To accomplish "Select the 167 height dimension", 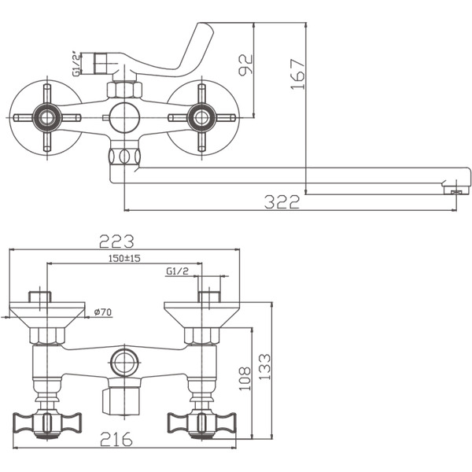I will (x=296, y=75).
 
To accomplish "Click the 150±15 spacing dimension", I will (x=124, y=259).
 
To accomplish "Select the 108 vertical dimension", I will (x=244, y=378).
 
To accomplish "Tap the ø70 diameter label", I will (x=102, y=312).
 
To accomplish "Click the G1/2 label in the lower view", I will (x=177, y=271).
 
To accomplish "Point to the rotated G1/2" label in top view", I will (x=77, y=63).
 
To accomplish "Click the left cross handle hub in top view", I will (x=48, y=119).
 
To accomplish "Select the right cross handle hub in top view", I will (x=201, y=119).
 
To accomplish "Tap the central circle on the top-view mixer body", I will (x=124, y=119).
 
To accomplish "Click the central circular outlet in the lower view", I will (x=124, y=363).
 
